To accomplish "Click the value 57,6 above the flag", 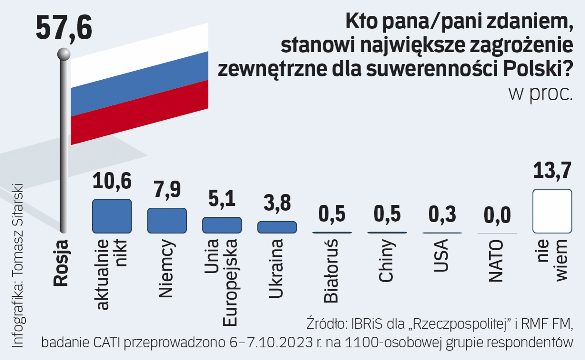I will click(x=64, y=28).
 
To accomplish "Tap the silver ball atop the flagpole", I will click(x=64, y=54).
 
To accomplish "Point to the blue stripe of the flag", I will click(x=139, y=83).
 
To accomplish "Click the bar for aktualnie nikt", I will click(x=112, y=216).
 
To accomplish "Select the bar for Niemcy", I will click(x=167, y=220).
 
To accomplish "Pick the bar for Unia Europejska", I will click(x=222, y=225).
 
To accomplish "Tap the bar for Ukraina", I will click(x=277, y=227).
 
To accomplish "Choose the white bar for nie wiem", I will click(x=552, y=211).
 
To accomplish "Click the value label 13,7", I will click(x=552, y=171).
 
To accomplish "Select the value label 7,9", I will click(x=167, y=189).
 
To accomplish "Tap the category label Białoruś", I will click(x=331, y=271).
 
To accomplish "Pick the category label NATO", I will click(x=496, y=261).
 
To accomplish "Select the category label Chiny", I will click(x=386, y=261).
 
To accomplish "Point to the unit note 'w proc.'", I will click(x=540, y=94).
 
